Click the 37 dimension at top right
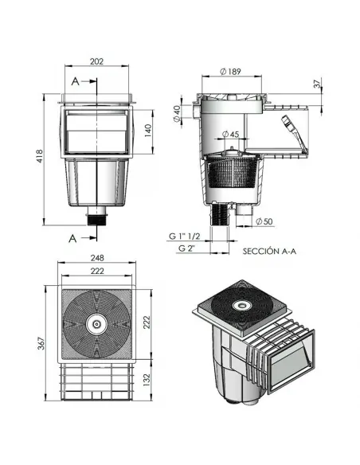[x=316, y=83]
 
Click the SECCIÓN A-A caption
[x=269, y=249]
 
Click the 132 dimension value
[x=147, y=383]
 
